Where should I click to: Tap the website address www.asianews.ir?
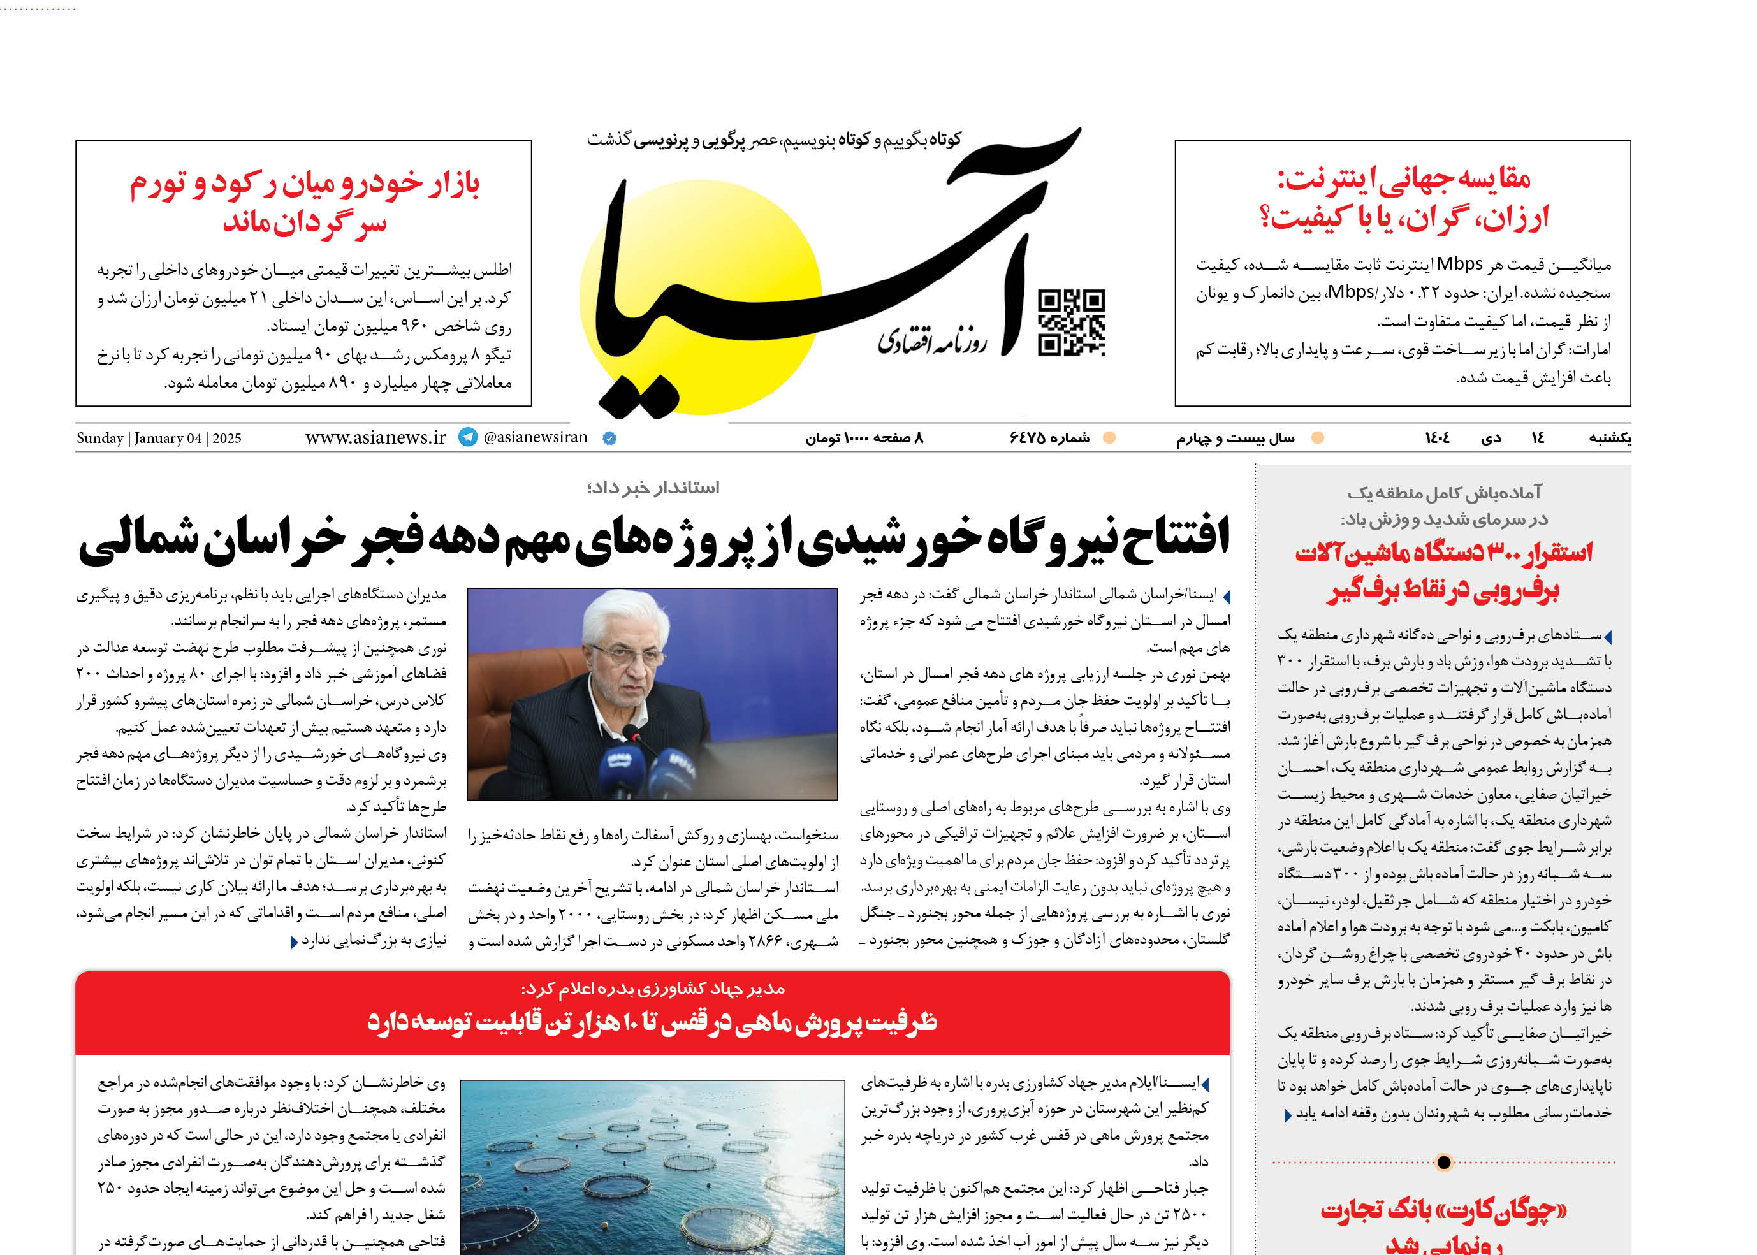pos(375,437)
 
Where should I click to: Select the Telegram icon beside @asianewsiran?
pos(468,437)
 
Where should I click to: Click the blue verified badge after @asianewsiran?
pos(609,438)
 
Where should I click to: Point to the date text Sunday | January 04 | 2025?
pos(159,438)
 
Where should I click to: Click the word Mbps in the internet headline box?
pos(1459,265)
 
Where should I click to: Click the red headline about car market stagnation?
pos(304,203)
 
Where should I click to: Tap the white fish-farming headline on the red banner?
pos(652,1022)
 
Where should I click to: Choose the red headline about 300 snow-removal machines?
pos(1443,571)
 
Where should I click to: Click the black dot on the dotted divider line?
pos(1443,1161)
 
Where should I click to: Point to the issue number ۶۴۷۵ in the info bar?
pos(1048,438)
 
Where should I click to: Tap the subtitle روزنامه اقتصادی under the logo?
pos(931,341)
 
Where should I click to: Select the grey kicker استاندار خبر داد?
pos(653,488)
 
